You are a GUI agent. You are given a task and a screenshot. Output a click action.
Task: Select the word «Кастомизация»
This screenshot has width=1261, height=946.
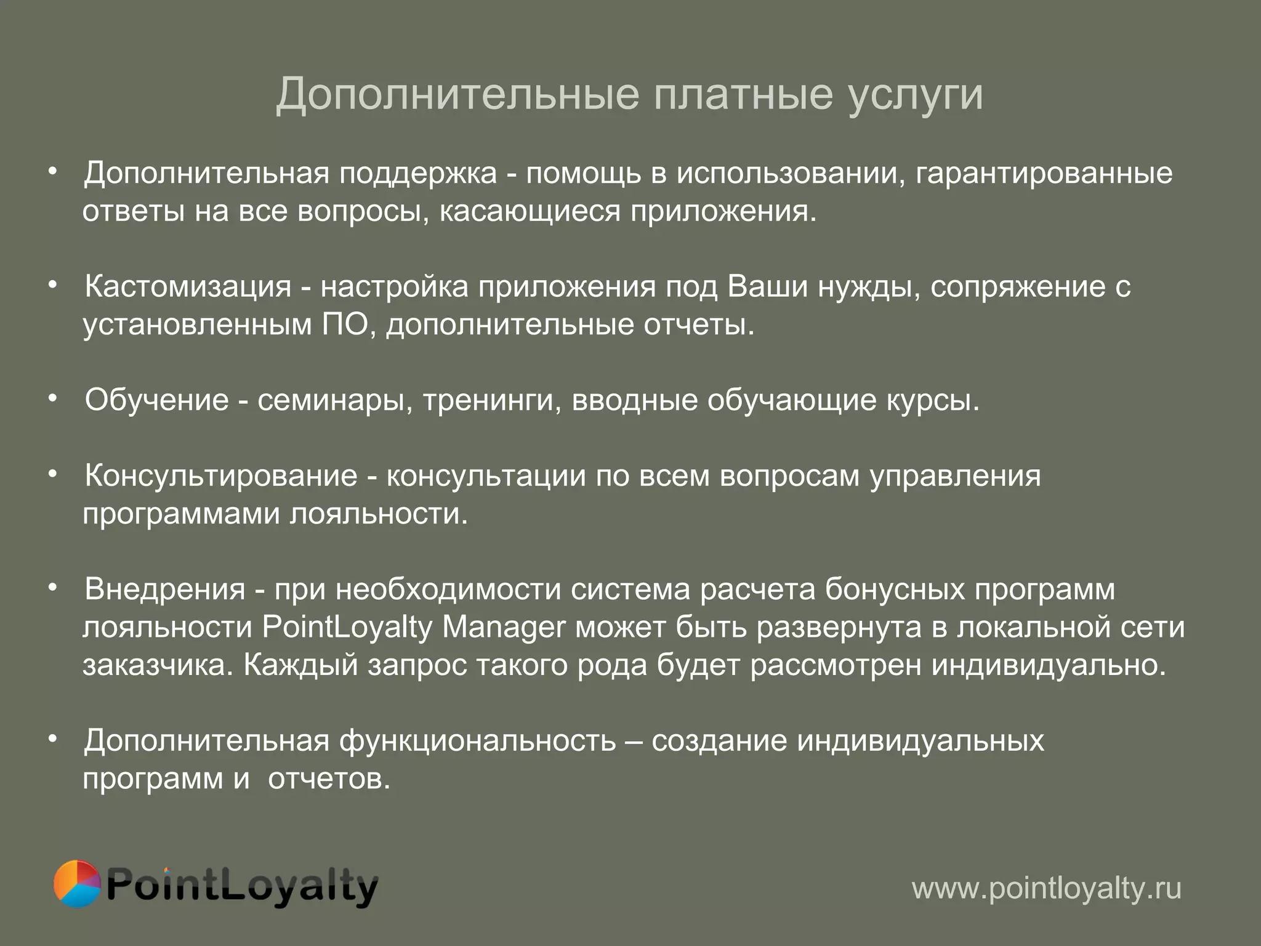pyautogui.click(x=188, y=286)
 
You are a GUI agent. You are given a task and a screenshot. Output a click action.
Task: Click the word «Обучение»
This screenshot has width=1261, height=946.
pyautogui.click(x=157, y=400)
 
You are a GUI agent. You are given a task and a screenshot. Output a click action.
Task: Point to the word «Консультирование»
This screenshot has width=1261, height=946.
pyautogui.click(x=221, y=475)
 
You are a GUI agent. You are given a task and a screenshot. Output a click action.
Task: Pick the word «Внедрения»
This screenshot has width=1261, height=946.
pyautogui.click(x=165, y=589)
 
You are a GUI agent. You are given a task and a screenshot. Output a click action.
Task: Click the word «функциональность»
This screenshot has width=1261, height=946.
pyautogui.click(x=477, y=740)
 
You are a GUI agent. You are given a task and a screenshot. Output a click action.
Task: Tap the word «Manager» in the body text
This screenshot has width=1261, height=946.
pyautogui.click(x=504, y=628)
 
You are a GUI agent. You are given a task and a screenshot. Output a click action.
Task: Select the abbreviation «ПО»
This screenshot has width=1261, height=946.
pyautogui.click(x=345, y=325)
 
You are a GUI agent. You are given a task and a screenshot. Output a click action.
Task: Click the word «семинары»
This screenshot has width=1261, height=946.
pyautogui.click(x=334, y=401)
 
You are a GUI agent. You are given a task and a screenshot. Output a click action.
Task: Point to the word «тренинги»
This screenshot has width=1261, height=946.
pyautogui.click(x=491, y=401)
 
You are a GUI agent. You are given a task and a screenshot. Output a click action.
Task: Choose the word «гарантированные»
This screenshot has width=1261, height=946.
pyautogui.click(x=1044, y=174)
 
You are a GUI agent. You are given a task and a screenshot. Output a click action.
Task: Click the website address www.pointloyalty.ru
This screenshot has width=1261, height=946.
pyautogui.click(x=1046, y=888)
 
